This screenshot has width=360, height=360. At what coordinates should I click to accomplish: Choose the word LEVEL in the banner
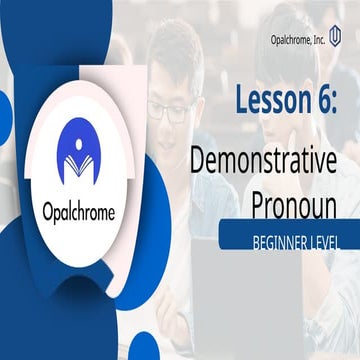point(324,242)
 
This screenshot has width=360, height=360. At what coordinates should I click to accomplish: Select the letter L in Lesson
point(243,100)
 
